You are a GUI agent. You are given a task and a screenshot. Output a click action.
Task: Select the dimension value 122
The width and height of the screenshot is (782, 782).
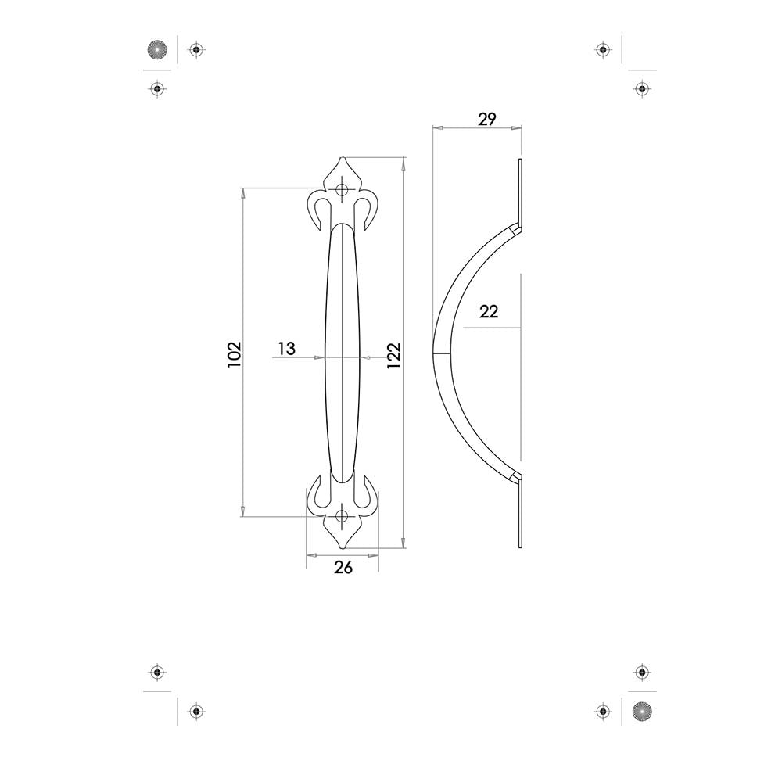pos(393,353)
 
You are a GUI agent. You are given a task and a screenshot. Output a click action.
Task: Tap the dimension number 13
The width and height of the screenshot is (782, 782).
pos(287,348)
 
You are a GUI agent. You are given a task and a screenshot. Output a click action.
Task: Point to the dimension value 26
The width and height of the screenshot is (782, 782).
pos(343,568)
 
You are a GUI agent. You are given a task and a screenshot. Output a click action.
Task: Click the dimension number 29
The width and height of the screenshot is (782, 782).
pos(486,119)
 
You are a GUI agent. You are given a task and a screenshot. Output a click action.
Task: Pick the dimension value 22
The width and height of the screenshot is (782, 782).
pos(489,311)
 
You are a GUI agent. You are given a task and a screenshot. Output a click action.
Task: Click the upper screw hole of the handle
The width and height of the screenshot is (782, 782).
pos(342,189)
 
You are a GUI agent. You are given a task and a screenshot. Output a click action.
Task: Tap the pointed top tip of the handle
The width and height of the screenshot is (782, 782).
pos(342,158)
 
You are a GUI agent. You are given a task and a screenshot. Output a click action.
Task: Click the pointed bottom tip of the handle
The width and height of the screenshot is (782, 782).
pos(342,547)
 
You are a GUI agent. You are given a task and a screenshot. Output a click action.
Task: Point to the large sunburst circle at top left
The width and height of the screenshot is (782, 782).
pos(158,50)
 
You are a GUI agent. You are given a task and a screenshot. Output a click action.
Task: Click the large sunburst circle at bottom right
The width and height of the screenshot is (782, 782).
pos(641,712)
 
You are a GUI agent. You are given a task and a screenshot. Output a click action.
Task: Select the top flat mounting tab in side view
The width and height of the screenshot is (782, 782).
pos(519,188)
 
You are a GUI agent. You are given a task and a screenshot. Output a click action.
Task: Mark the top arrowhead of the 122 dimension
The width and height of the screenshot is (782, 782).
pos(404,163)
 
